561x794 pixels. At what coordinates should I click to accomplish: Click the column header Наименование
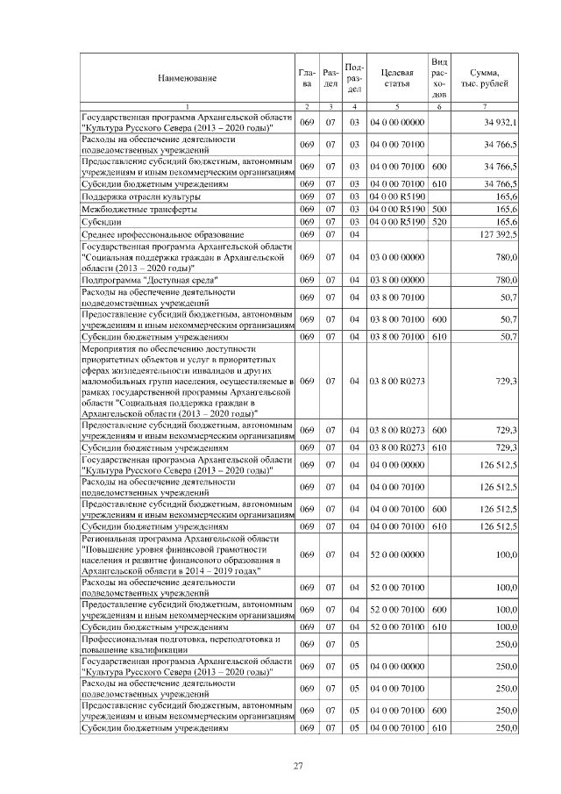pyautogui.click(x=187, y=79)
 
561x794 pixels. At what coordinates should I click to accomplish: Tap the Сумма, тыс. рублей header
pyautogui.click(x=485, y=79)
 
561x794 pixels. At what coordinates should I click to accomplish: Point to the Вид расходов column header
pyautogui.click(x=440, y=79)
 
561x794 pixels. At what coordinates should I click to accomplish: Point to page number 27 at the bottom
pyautogui.click(x=298, y=768)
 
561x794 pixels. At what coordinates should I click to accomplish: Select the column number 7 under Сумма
pyautogui.click(x=485, y=107)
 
